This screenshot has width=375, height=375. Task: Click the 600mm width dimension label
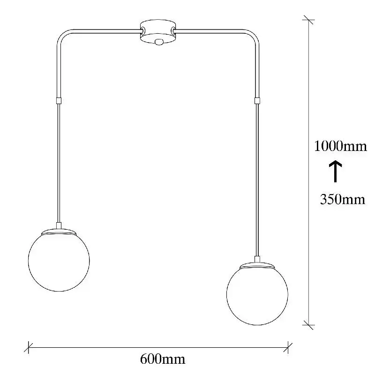point(162,359)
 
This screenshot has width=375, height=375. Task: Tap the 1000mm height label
point(340,146)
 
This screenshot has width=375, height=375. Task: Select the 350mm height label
point(343,199)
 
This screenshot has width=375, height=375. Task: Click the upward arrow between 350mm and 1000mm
point(335,171)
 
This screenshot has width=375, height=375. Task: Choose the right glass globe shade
point(257,294)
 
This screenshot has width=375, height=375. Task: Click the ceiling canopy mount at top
point(158,32)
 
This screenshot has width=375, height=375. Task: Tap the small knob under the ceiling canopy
point(158,42)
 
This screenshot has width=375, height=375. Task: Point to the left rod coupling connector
point(59,101)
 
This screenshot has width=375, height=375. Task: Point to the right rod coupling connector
point(257,101)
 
